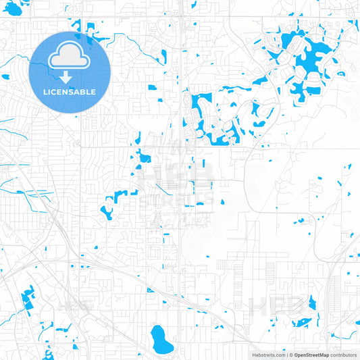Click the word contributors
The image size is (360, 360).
[x=342, y=354]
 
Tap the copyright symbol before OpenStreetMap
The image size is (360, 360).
[x=290, y=354]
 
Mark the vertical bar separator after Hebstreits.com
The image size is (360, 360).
[x=285, y=354]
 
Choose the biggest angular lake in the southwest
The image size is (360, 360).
[x=28, y=298]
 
